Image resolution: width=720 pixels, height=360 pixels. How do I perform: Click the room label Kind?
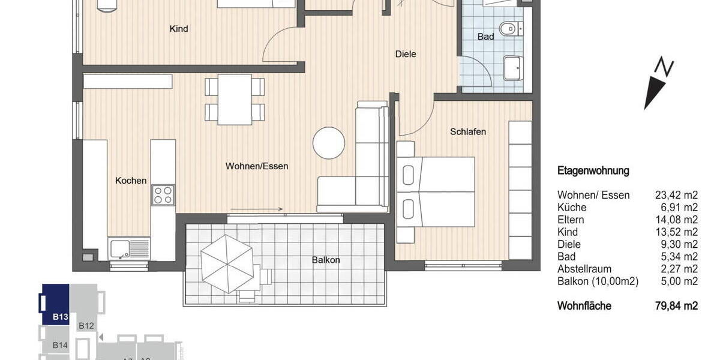(179, 29)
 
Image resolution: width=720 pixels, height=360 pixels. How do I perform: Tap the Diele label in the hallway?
(406, 54)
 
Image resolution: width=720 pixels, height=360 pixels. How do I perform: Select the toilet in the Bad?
(512, 28)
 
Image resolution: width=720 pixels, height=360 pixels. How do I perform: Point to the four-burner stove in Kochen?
(163, 196)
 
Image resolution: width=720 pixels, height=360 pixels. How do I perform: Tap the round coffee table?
(329, 143)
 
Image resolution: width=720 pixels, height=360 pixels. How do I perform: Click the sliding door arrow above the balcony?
(256, 209)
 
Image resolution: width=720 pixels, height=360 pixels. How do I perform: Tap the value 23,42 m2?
(677, 195)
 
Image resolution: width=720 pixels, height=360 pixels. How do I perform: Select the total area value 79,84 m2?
(677, 306)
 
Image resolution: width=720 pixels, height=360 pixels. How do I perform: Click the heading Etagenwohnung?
(593, 171)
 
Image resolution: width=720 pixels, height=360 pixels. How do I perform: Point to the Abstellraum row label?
(584, 269)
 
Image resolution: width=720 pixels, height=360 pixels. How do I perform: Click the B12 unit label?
(86, 326)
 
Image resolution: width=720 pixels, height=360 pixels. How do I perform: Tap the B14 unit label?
(60, 345)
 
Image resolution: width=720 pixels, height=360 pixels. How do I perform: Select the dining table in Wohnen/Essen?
(235, 99)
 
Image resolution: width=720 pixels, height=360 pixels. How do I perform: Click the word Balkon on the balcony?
(326, 260)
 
